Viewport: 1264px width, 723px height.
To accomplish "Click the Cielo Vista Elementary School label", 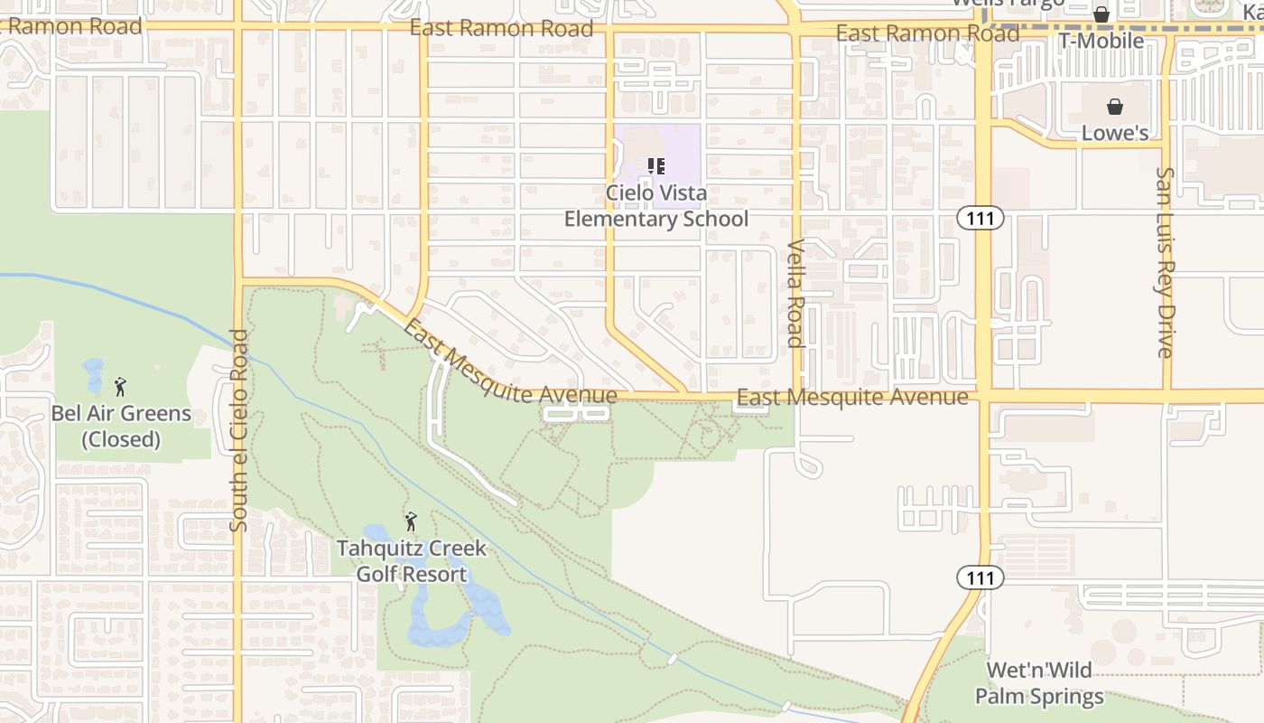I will tap(656, 206).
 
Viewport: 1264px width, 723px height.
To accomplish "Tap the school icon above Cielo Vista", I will tap(656, 165).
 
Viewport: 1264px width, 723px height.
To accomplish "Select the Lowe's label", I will tap(1115, 133).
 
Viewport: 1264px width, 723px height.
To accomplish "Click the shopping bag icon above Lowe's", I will tap(1115, 107).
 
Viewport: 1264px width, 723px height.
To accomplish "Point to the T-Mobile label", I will tap(1101, 41).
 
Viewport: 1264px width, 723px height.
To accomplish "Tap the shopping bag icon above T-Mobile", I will tap(1101, 14).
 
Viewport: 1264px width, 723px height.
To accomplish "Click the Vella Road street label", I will tap(795, 293).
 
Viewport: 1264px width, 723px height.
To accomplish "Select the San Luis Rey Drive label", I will tap(1166, 262).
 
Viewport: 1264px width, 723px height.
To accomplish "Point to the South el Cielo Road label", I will tap(238, 429).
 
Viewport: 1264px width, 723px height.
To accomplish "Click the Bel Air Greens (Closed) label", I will tap(121, 427).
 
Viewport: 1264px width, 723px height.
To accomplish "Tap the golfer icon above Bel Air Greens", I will tap(120, 387).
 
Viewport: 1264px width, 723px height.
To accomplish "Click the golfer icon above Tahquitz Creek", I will tap(411, 521).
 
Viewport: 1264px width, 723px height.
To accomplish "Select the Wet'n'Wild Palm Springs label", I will tap(1039, 683).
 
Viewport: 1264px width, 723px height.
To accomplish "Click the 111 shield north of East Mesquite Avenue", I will tap(981, 218).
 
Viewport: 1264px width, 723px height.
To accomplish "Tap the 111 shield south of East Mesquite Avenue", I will tap(981, 577).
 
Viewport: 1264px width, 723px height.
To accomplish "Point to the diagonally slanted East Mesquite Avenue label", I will tap(510, 363).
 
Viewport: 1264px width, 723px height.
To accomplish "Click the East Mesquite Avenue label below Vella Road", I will tap(852, 398).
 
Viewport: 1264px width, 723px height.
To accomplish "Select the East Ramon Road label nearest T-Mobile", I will tap(927, 34).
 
